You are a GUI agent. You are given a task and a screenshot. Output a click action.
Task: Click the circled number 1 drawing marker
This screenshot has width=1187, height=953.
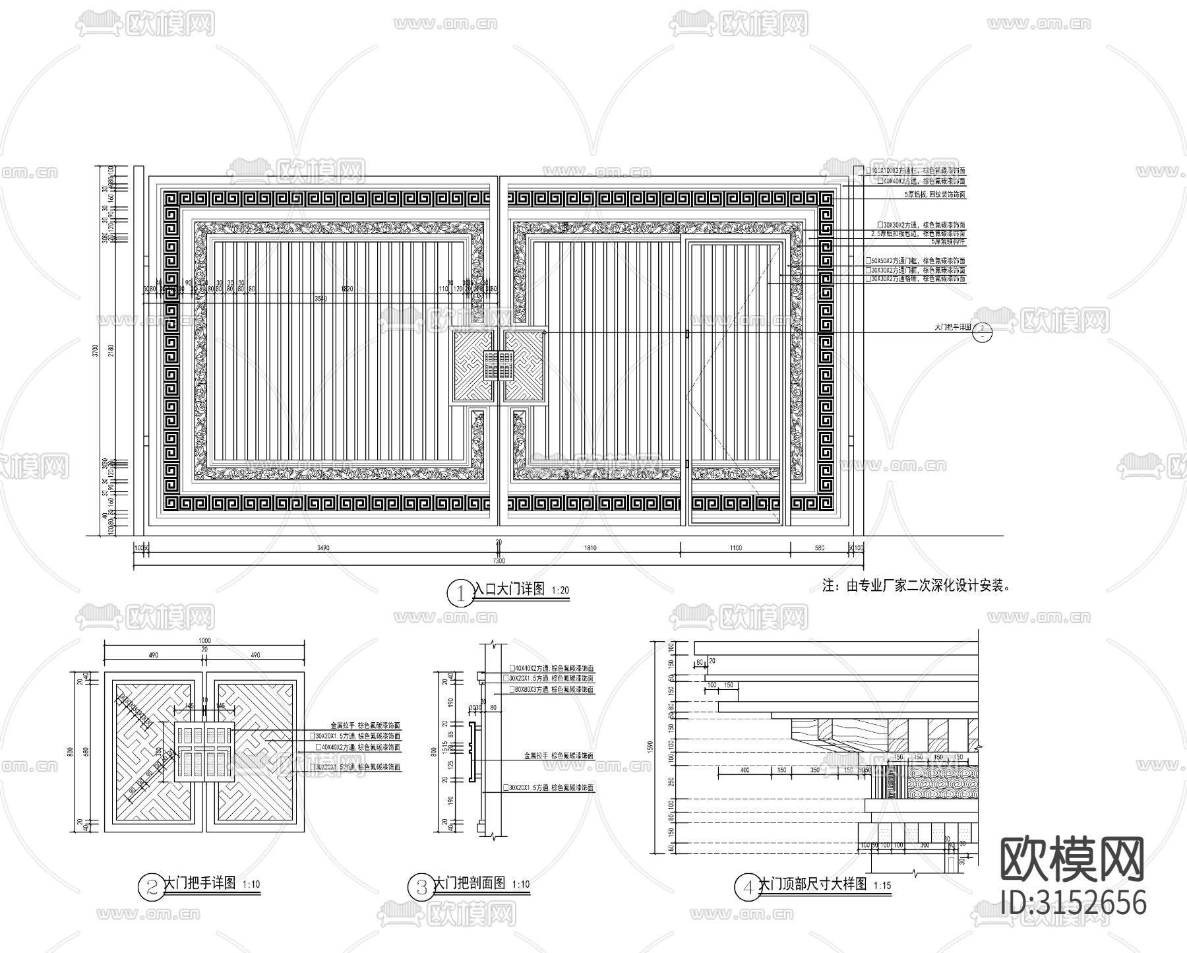point(458,592)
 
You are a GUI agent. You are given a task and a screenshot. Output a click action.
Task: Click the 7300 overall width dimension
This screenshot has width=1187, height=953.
point(499,561)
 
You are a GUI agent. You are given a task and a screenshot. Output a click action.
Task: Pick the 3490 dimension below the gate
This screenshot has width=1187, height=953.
point(323,548)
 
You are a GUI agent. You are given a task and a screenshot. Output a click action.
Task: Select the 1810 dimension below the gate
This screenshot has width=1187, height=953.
point(590,548)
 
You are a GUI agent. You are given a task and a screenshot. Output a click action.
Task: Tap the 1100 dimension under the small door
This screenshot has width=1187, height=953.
point(735,548)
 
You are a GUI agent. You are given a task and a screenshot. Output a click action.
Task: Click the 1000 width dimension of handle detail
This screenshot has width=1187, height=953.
point(204,641)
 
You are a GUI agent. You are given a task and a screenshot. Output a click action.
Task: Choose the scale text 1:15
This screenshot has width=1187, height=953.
point(882,886)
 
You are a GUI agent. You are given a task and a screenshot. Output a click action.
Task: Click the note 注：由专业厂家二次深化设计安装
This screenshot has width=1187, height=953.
point(917,585)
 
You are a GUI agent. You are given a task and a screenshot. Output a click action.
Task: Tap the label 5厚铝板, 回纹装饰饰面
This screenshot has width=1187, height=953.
point(935,195)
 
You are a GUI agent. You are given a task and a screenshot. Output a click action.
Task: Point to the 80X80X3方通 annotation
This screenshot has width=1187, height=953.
point(554,690)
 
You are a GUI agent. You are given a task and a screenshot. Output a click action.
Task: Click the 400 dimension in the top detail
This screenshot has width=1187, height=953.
point(745,770)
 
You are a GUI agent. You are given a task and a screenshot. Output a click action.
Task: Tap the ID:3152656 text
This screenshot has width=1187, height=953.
point(1074,902)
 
